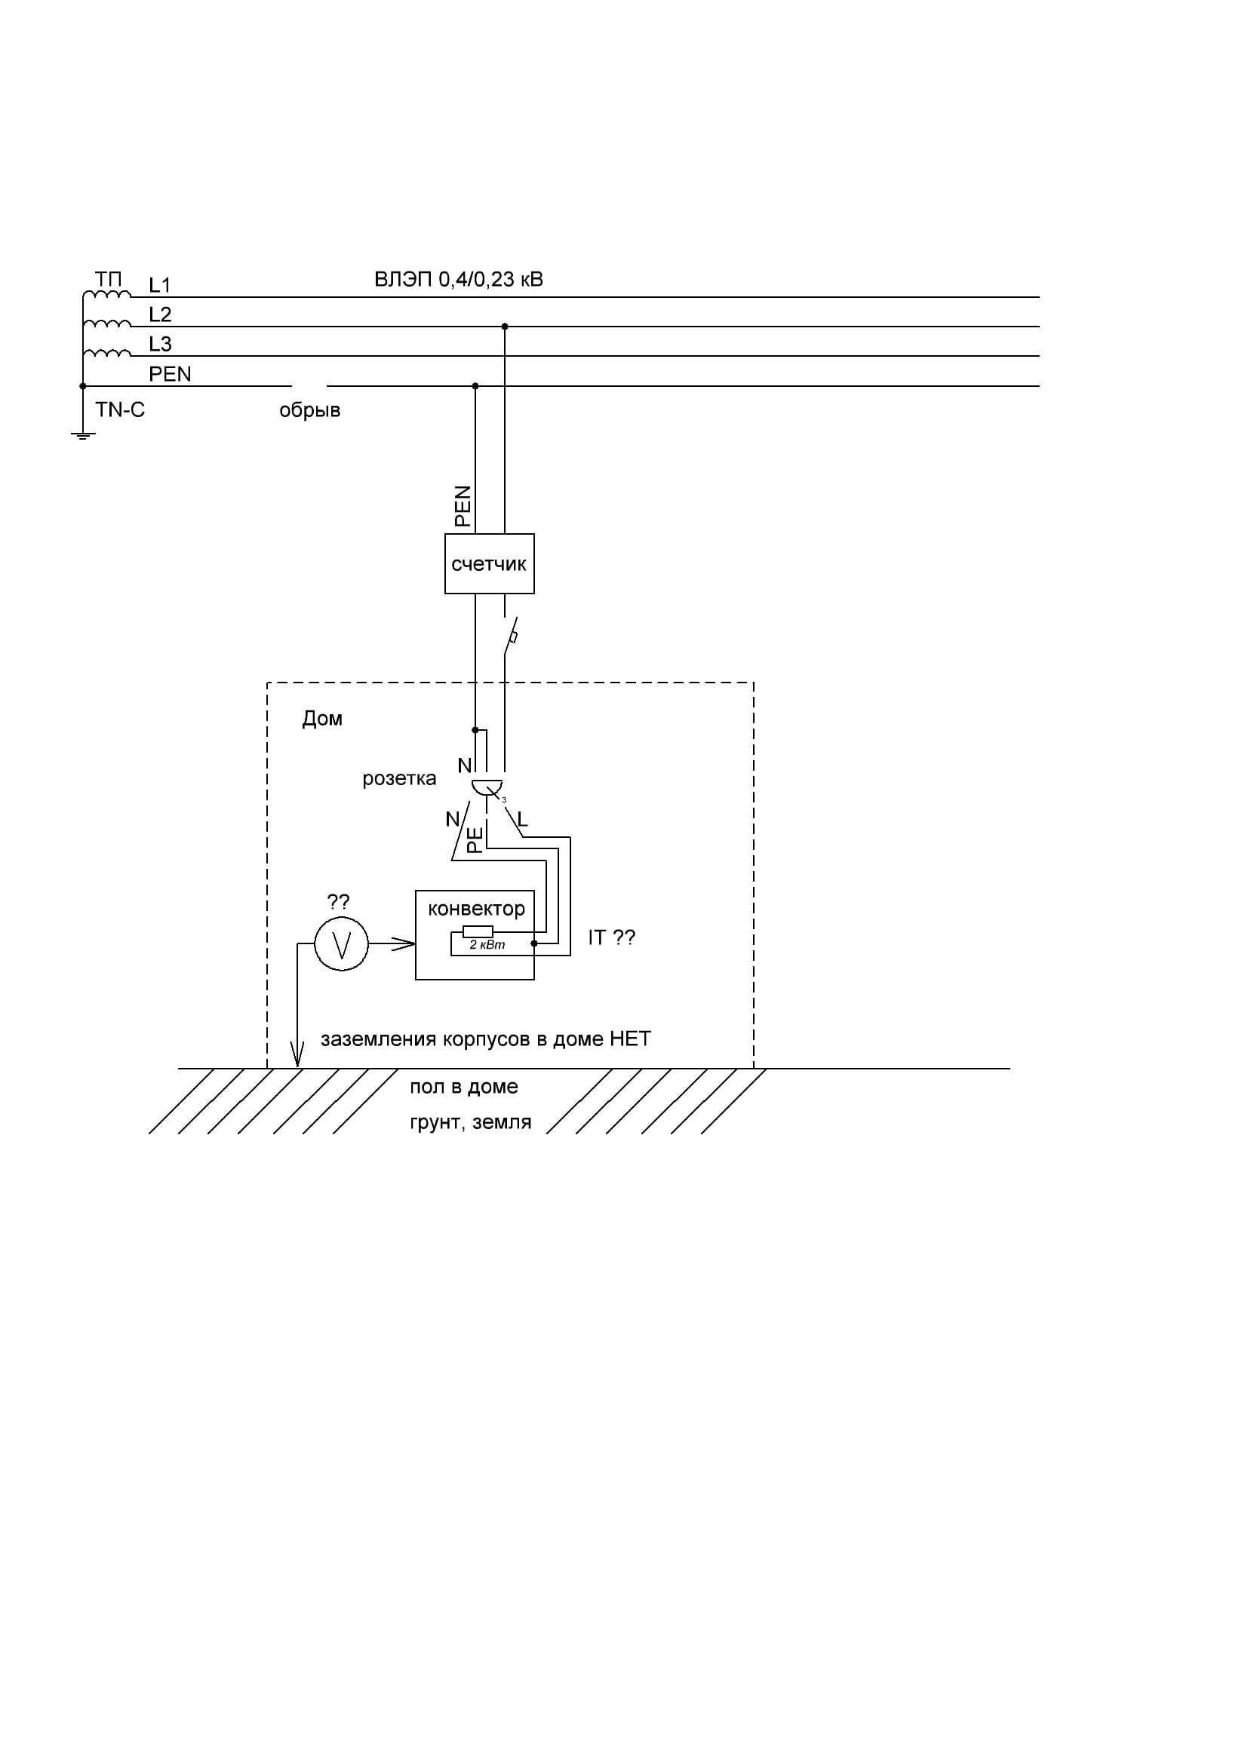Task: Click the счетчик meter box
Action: [x=489, y=564]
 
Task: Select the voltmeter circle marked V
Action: [x=341, y=943]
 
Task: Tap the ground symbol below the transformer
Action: [x=83, y=436]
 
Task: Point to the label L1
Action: [x=160, y=285]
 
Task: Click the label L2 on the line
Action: [x=160, y=314]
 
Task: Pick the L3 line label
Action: [x=160, y=343]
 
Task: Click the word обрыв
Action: [x=309, y=410]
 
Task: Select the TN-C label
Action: [x=120, y=410]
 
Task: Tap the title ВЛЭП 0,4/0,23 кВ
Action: [x=459, y=279]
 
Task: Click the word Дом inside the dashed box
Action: [x=322, y=719]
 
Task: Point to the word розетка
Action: [x=399, y=778]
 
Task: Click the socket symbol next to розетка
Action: [x=487, y=787]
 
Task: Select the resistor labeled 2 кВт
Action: [x=477, y=932]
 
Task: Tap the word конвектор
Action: [x=476, y=908]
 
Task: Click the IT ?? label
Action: [x=612, y=937]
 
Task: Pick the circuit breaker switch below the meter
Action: [x=510, y=637]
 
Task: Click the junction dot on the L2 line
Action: [x=505, y=327]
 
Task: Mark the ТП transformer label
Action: [x=109, y=279]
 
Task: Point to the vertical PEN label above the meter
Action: [x=463, y=505]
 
